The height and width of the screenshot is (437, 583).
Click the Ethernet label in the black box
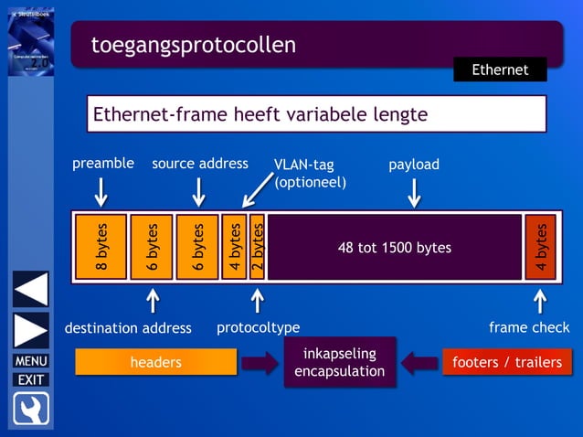499,69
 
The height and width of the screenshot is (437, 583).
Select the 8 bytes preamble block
101,247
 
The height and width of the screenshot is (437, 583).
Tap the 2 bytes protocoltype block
258,247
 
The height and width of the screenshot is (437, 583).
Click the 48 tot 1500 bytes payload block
394,247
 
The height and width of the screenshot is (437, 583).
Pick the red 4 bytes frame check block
540,247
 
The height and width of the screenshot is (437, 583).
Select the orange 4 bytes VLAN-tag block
234,247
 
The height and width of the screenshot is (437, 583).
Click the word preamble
103,164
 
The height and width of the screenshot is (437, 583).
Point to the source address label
199,164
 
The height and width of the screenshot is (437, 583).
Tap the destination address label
128,327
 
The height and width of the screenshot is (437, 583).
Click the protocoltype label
258,327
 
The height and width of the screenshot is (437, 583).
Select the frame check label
529,327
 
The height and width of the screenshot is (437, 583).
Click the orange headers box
155,363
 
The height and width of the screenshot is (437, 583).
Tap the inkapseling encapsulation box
339,362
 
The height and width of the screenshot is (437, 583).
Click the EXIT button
30,379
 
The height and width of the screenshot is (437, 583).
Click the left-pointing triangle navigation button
30,289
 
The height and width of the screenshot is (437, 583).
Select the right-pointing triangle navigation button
30,330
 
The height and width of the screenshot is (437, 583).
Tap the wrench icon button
30,409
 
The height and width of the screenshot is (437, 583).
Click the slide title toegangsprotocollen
193,45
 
